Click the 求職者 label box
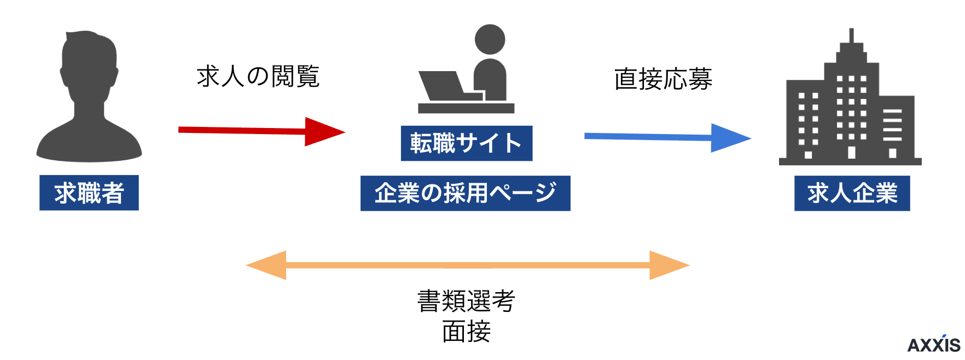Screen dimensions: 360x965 [89, 193]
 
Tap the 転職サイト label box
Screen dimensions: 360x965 [466, 143]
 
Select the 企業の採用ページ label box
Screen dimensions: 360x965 [465, 193]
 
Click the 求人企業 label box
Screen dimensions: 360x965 [852, 193]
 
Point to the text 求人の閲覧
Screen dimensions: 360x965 [258, 77]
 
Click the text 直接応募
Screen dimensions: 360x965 [663, 79]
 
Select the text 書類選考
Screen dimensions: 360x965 [466, 301]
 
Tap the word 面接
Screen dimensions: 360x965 [466, 332]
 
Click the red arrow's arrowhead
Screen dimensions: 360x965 [323, 132]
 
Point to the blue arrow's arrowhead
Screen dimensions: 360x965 [729, 138]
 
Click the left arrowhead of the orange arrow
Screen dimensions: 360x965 [268, 265]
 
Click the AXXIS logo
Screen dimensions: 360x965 [934, 345]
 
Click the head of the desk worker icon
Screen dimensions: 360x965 [490, 39]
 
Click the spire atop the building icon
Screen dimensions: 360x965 [851, 36]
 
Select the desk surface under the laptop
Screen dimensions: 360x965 [466, 108]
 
